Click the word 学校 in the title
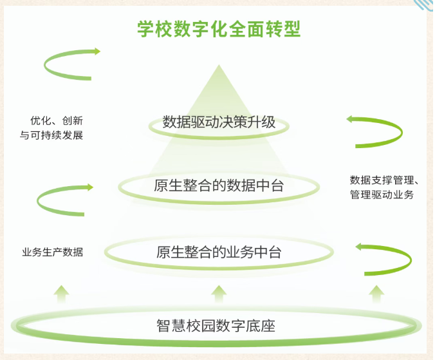click(154, 29)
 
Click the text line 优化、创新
click(57, 120)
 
